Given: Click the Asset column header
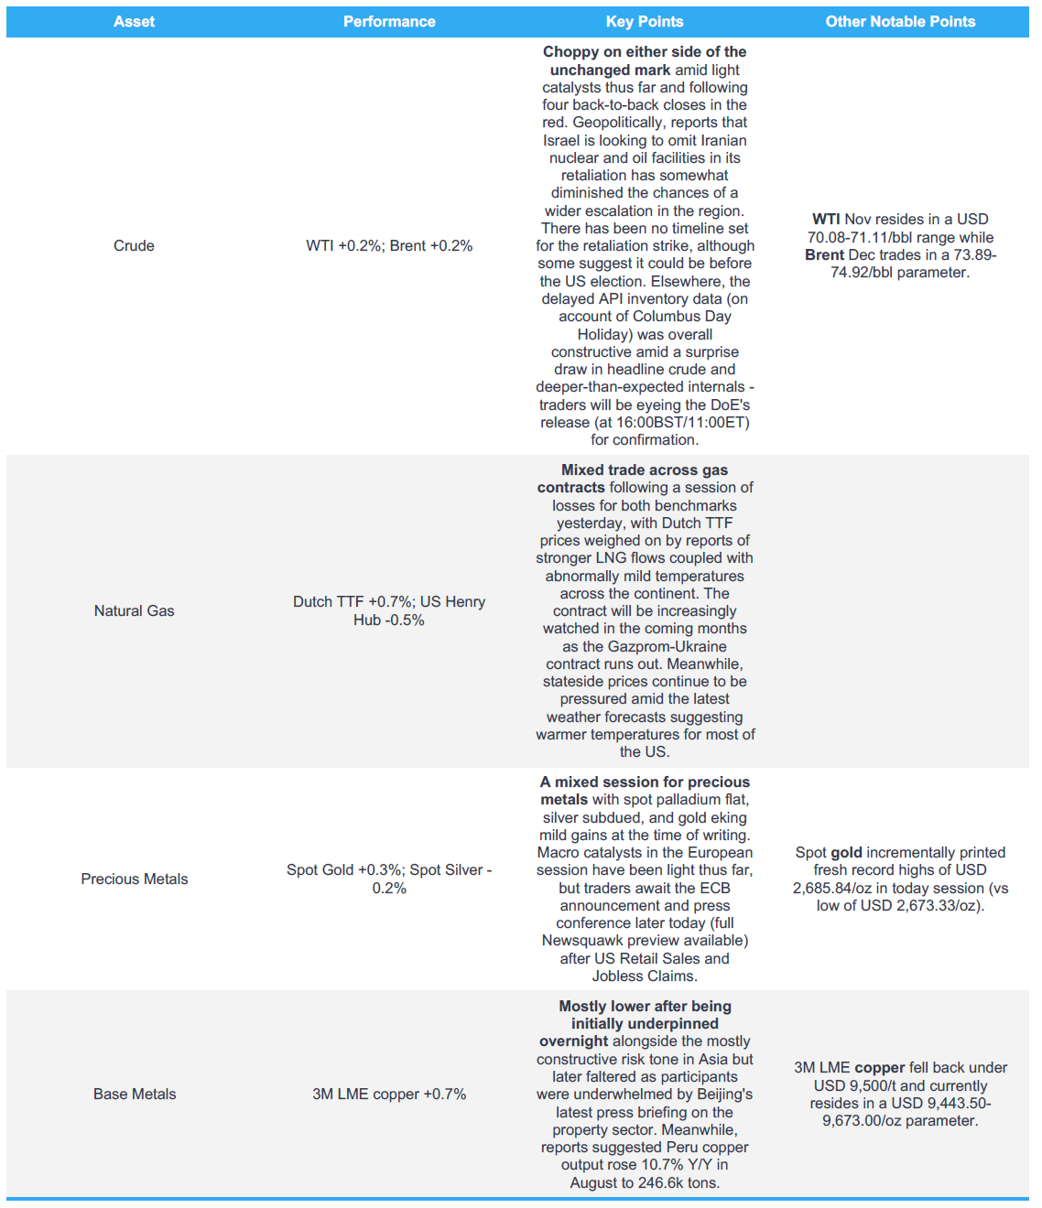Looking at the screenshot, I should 134,22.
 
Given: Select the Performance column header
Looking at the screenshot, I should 389,22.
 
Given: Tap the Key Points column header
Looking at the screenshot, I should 645,22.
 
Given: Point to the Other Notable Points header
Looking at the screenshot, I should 900,22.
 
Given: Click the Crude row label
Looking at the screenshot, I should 134,245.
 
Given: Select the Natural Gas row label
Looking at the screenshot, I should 134,610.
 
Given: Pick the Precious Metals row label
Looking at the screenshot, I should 134,879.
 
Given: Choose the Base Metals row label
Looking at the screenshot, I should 134,1094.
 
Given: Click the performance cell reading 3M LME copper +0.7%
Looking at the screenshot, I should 389,1094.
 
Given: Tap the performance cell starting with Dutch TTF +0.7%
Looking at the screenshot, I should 389,610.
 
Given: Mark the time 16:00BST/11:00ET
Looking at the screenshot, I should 682,422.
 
